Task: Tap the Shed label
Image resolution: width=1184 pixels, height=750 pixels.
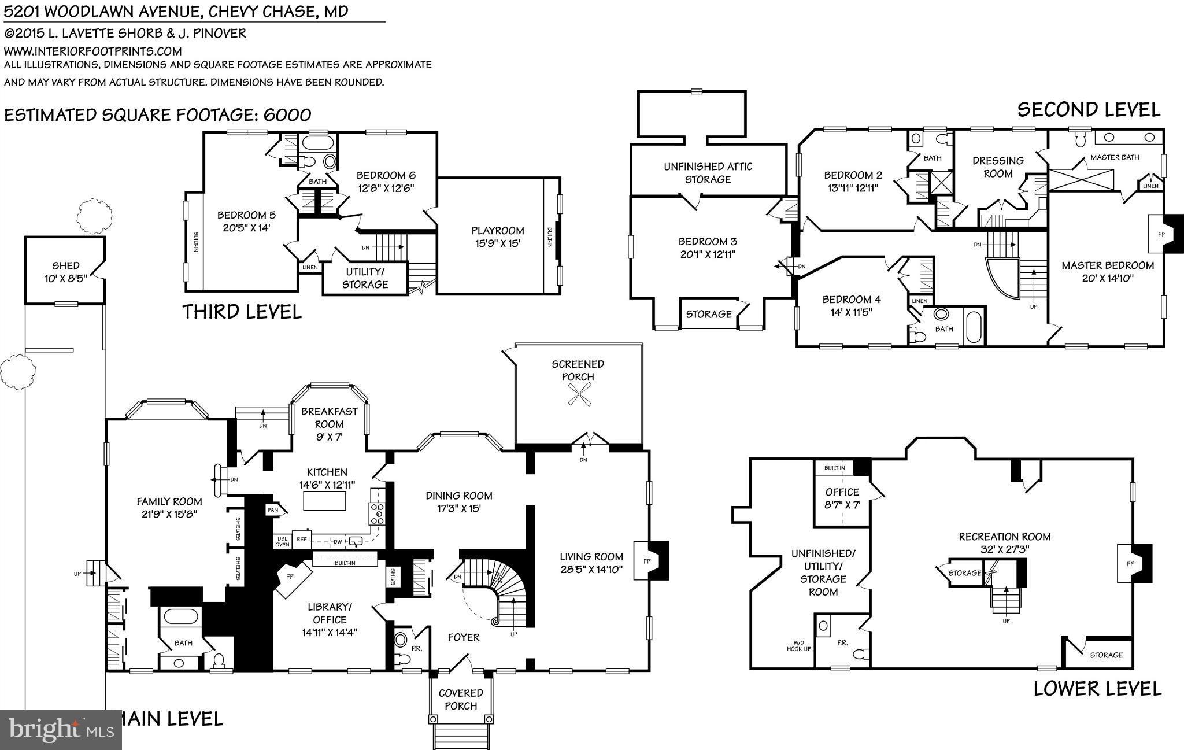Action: (65, 265)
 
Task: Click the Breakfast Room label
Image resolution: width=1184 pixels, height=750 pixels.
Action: (330, 418)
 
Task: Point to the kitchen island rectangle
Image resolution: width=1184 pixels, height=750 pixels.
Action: (325, 501)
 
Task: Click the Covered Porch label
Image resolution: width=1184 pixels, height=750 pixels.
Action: (461, 699)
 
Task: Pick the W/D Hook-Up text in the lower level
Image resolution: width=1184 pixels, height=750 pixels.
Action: (798, 645)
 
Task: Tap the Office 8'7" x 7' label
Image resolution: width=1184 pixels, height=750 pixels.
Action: (842, 498)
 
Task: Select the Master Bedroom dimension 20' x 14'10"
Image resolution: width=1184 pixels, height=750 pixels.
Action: (1108, 278)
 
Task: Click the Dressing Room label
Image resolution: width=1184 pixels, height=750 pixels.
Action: (998, 167)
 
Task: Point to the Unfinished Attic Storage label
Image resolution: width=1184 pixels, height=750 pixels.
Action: (708, 173)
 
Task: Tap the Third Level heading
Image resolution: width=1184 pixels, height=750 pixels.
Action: (242, 312)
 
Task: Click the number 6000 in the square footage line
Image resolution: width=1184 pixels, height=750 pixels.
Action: (287, 114)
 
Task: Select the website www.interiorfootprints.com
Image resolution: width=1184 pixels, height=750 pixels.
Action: (92, 51)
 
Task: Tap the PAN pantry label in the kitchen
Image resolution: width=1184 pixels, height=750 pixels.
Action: (273, 510)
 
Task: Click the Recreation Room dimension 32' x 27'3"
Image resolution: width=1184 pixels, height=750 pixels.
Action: (1005, 549)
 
